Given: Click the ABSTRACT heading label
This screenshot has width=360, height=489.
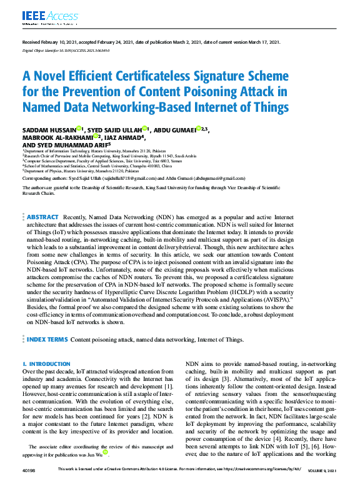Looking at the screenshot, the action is (42, 217).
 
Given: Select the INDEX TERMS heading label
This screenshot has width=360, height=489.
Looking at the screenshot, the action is (47, 339).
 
